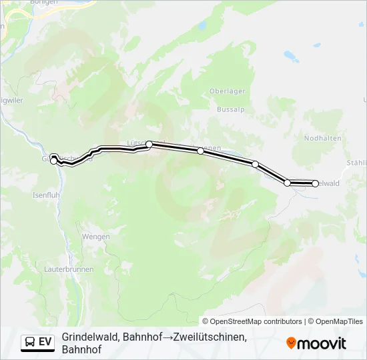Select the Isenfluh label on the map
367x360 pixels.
click(x=47, y=195)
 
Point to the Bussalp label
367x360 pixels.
click(x=230, y=109)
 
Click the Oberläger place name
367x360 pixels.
click(x=228, y=91)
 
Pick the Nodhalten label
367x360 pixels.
click(x=323, y=138)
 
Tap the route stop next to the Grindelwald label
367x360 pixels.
click(x=315, y=183)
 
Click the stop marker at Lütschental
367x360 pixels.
click(x=149, y=144)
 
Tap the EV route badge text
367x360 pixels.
click(x=45, y=342)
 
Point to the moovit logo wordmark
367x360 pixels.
click(x=322, y=343)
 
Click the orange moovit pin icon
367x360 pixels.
click(x=291, y=343)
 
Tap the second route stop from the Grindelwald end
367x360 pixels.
click(x=288, y=182)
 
